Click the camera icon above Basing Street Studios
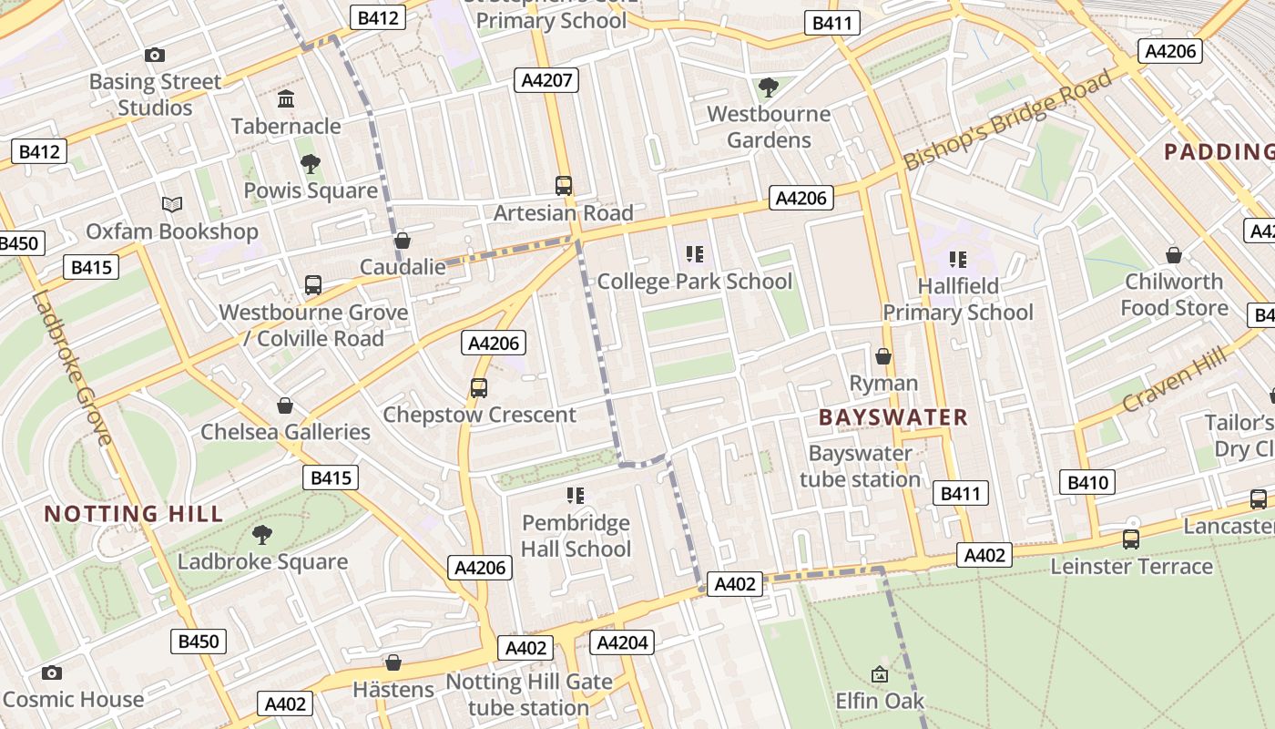(155, 56)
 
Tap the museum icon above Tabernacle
(286, 98)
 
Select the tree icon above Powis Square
(311, 164)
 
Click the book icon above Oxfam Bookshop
(172, 205)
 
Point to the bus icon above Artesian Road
(564, 186)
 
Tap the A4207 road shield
(546, 80)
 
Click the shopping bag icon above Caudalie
(402, 241)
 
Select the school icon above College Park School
(695, 254)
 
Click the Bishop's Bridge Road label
(1008, 119)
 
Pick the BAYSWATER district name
(893, 417)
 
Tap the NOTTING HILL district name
(134, 514)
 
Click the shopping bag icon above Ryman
(882, 356)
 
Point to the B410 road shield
(1087, 482)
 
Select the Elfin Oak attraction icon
(880, 674)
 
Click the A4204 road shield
(621, 643)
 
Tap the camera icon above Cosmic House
(52, 673)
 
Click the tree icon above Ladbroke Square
(262, 535)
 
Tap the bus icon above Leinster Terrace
(1130, 539)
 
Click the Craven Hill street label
(1174, 380)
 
